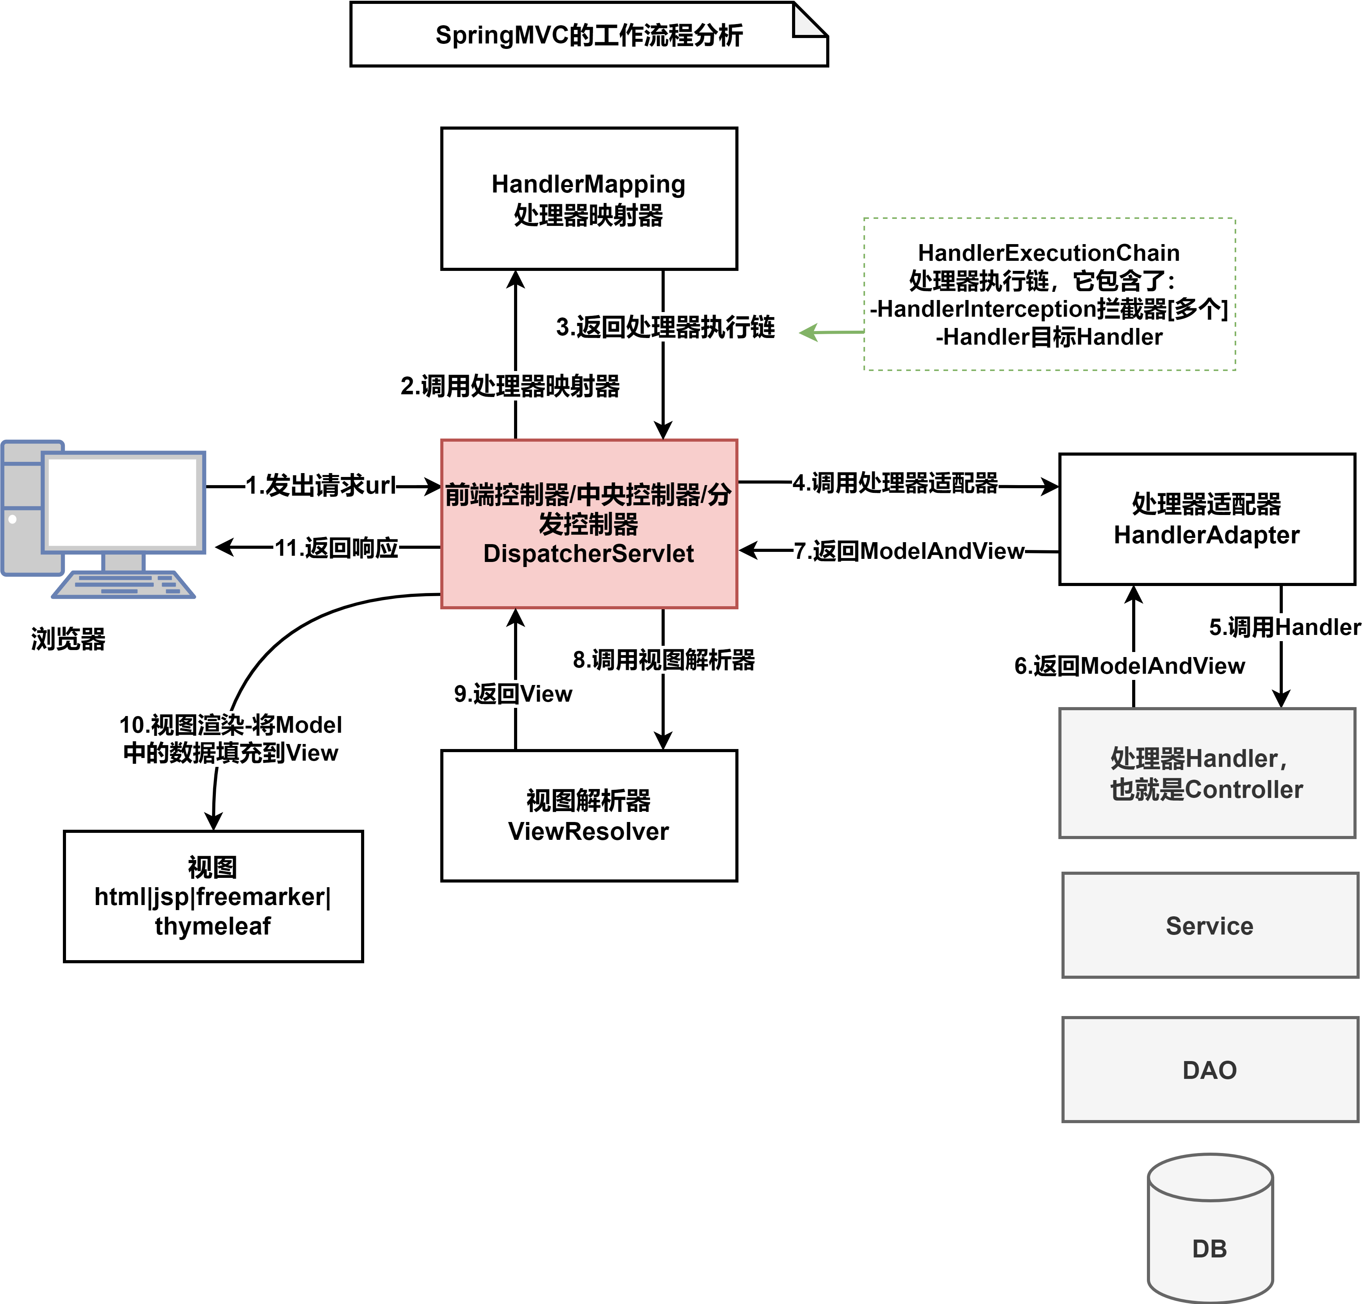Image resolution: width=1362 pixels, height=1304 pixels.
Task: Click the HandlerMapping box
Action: (x=589, y=199)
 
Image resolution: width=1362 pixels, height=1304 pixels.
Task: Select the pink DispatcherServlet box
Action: (x=589, y=524)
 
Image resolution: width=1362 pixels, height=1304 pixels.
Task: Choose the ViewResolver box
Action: (x=589, y=816)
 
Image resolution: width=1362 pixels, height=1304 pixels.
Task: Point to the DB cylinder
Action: (x=1210, y=1229)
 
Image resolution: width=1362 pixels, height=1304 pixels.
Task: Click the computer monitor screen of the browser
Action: (x=123, y=501)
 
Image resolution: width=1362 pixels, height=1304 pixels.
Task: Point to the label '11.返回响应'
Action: (x=336, y=548)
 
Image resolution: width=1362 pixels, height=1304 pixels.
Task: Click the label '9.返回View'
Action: (x=513, y=694)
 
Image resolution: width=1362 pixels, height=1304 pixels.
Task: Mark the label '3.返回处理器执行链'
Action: (x=665, y=326)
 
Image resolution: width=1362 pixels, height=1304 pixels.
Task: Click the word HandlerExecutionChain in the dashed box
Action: (x=1049, y=253)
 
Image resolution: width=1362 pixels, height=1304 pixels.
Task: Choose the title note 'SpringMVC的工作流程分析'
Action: (x=589, y=35)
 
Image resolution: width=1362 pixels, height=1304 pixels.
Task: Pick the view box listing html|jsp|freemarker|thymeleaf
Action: (x=213, y=896)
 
